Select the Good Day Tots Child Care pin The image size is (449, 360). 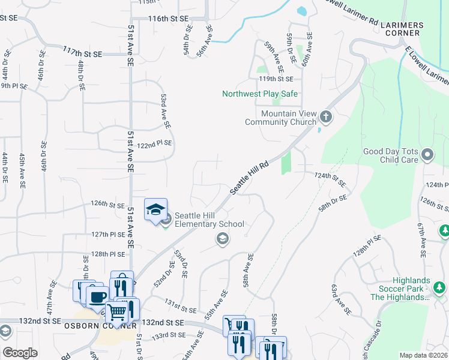[x=427, y=155]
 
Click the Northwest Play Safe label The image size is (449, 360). [x=260, y=94]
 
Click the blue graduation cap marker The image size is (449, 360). [x=155, y=210]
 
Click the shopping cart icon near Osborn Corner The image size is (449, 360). [x=117, y=311]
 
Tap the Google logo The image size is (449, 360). [x=20, y=352]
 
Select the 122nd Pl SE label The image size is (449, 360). [x=155, y=143]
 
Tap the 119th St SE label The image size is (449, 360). [x=276, y=79]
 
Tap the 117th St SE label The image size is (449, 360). [x=83, y=53]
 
